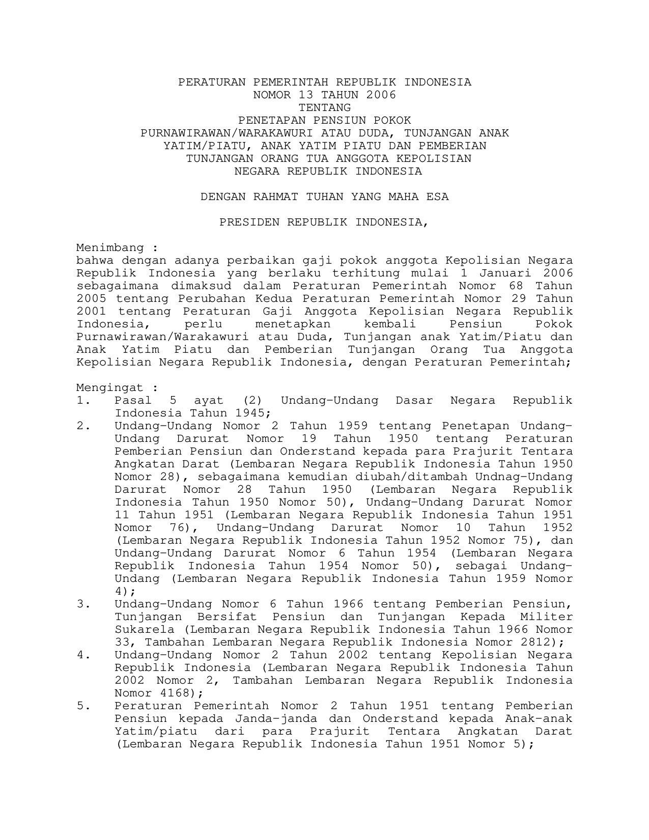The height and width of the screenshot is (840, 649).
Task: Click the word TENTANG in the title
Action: coord(324,108)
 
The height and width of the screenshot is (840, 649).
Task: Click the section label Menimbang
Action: coord(110,248)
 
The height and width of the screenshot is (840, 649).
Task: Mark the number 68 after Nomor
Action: coord(516,286)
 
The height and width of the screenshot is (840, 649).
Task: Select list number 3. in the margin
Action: coord(83,604)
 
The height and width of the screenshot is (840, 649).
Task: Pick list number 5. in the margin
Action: coord(83,706)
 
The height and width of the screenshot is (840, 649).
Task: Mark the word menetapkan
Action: coord(293,324)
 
